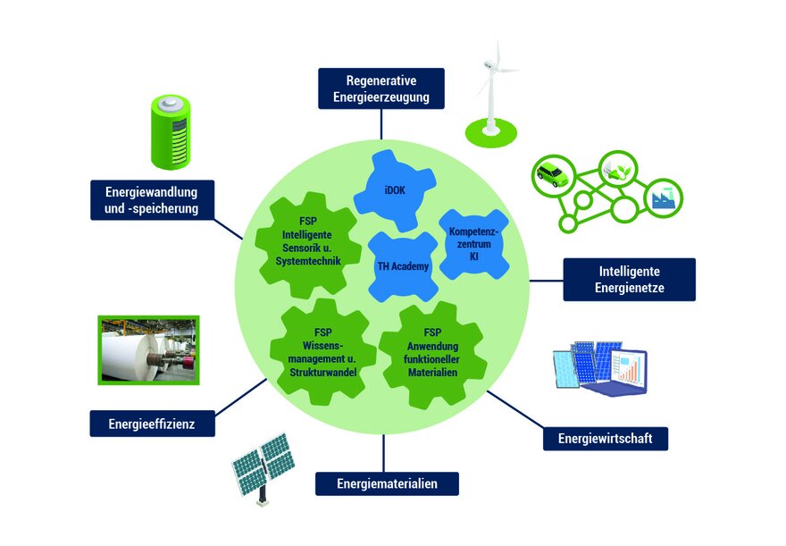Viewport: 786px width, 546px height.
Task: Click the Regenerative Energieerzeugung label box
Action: click(x=380, y=88)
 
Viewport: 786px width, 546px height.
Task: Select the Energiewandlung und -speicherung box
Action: click(x=156, y=200)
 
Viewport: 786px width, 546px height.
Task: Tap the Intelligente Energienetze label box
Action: click(x=629, y=280)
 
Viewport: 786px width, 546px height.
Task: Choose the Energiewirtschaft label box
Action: click(x=605, y=438)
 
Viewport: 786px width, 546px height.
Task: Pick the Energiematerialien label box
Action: click(x=387, y=483)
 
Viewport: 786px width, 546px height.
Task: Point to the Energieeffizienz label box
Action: click(x=152, y=423)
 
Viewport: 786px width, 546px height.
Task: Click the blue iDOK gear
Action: click(x=394, y=190)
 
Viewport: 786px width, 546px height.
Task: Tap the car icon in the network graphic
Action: click(x=553, y=172)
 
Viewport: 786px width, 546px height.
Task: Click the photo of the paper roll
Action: click(x=147, y=349)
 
